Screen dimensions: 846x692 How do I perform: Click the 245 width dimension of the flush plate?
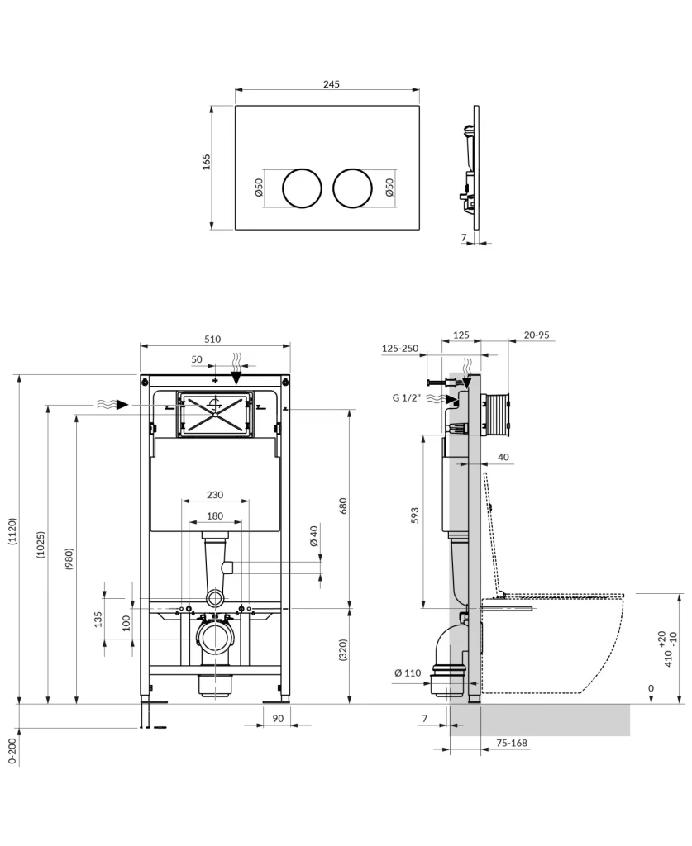[332, 84]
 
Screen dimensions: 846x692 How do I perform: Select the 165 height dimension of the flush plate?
[206, 161]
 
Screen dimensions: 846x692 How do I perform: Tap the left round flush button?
[302, 188]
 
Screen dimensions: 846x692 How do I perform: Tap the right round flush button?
[352, 188]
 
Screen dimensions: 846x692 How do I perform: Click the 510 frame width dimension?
[213, 340]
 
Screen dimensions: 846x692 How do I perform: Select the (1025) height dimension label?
[41, 545]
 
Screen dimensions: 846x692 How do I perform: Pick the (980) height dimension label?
[69, 563]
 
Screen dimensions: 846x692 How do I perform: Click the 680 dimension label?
[342, 505]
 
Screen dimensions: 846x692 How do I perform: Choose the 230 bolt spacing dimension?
[214, 496]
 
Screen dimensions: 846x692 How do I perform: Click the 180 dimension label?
[214, 516]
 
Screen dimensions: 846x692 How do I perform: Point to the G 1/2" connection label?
[407, 398]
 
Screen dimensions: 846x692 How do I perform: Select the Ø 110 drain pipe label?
[408, 673]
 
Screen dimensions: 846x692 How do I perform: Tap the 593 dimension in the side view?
[416, 515]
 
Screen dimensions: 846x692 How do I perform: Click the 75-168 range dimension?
[511, 744]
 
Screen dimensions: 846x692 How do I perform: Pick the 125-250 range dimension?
[399, 349]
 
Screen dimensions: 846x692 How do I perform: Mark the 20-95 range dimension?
[537, 335]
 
